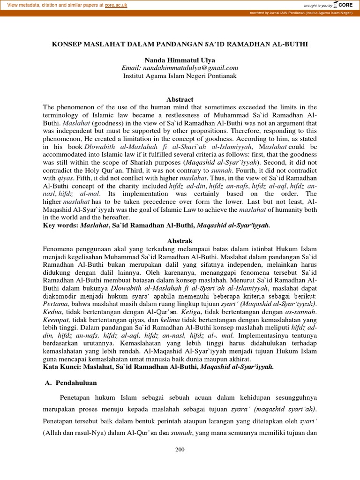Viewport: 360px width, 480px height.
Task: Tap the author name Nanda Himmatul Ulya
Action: coord(180,60)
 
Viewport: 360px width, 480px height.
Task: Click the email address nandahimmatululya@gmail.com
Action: coord(180,68)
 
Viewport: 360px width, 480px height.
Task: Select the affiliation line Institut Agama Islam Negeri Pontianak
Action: coord(180,75)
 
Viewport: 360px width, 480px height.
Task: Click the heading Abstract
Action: coord(180,99)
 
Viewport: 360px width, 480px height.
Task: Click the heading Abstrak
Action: coord(180,240)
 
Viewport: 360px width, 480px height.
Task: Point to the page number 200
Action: coord(180,450)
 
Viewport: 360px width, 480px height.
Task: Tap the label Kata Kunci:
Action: coord(61,367)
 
